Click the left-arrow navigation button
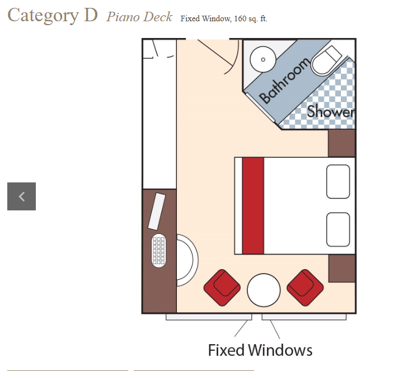tap(22, 196)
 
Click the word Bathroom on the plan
tap(284, 81)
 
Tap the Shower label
tap(331, 111)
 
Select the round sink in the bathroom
tap(263, 59)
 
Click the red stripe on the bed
tap(253, 205)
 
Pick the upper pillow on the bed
tap(338, 181)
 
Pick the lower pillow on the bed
tap(338, 229)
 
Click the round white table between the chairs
tap(264, 290)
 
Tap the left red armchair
tap(222, 288)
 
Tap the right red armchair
tap(305, 288)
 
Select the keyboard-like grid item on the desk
tap(158, 251)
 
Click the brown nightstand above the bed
tap(341, 143)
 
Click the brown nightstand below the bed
tap(342, 268)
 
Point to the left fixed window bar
tap(209, 317)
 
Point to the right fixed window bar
tap(304, 317)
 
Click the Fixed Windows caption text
tap(260, 350)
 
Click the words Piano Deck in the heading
tap(139, 17)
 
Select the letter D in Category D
tap(91, 15)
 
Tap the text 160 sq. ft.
tap(251, 19)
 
